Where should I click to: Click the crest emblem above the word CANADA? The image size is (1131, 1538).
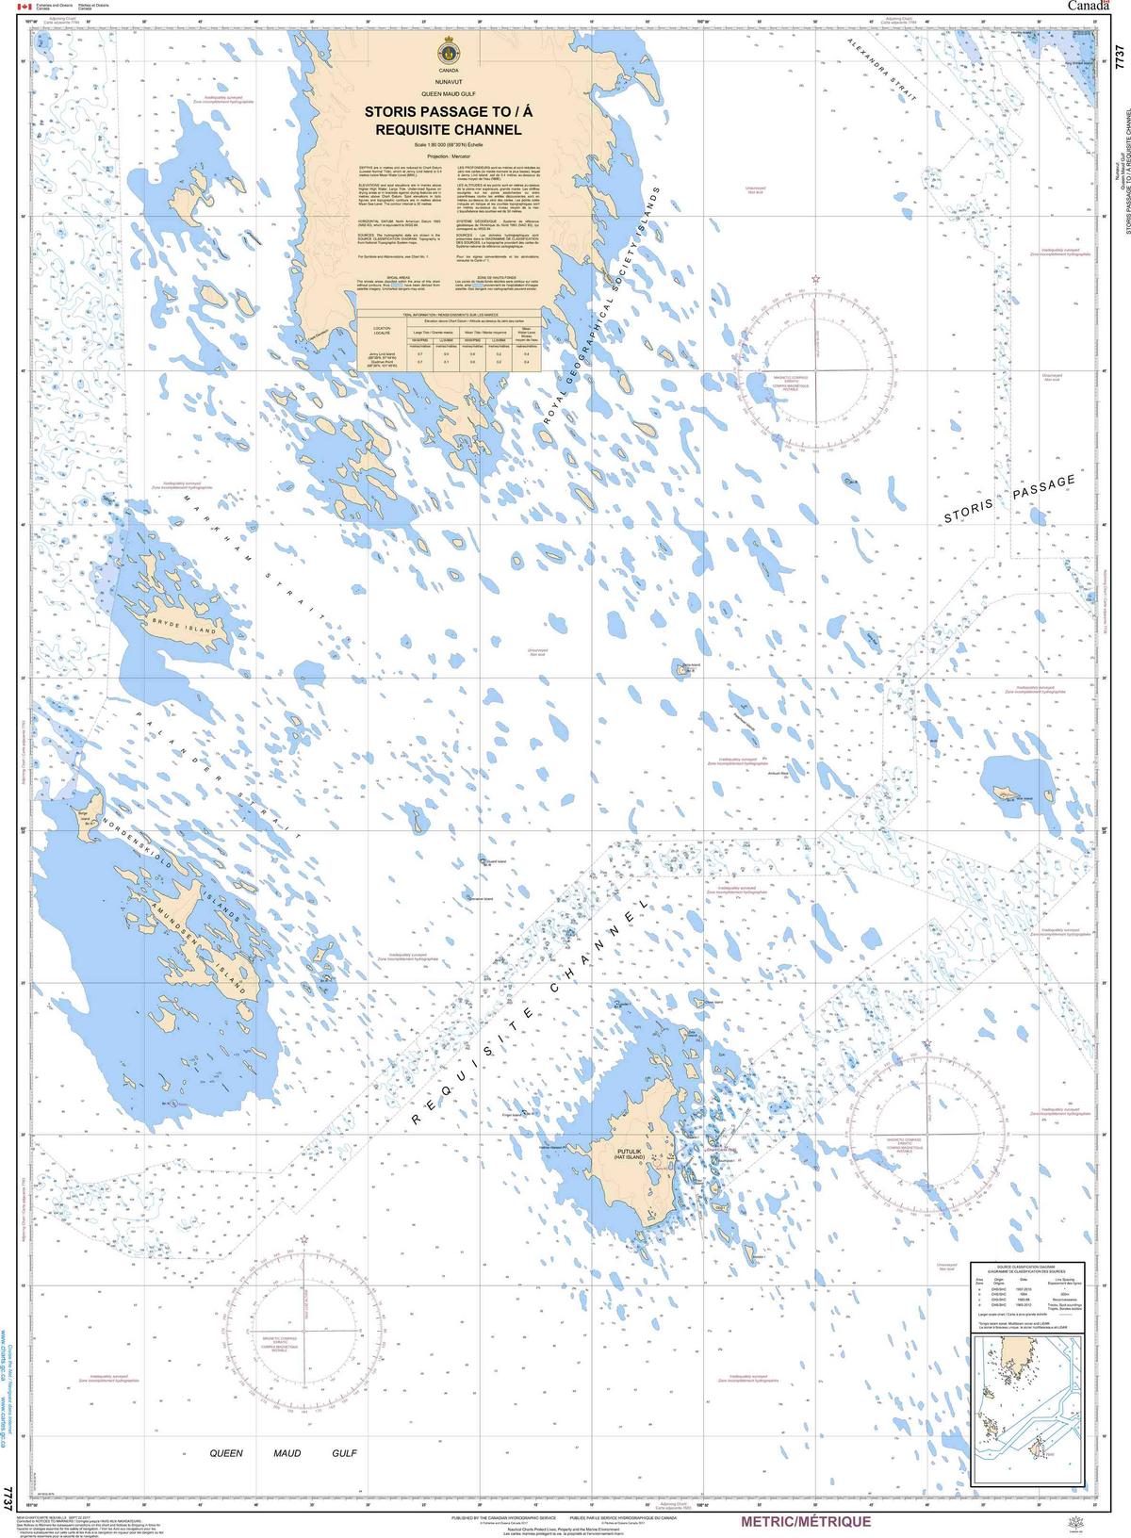click(x=448, y=52)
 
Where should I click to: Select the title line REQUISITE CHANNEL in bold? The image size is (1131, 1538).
click(x=448, y=129)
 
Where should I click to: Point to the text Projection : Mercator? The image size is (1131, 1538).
click(x=448, y=156)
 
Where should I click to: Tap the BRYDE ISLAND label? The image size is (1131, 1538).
click(x=186, y=628)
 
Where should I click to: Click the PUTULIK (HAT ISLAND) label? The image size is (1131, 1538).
click(x=629, y=1154)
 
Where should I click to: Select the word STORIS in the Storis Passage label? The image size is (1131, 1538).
click(x=969, y=511)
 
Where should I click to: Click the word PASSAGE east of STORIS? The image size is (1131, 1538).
click(x=1044, y=487)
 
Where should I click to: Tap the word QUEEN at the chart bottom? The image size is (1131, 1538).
click(x=226, y=1453)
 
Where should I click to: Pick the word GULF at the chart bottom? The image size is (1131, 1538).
click(x=344, y=1453)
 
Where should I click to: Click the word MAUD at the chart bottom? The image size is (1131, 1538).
click(x=287, y=1453)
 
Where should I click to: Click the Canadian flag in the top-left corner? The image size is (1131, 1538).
click(x=25, y=7)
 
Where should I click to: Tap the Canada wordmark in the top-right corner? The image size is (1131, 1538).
click(x=1088, y=7)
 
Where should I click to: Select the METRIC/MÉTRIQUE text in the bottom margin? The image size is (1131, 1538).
click(x=806, y=1521)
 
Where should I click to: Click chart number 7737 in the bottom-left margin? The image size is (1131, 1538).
click(x=8, y=1497)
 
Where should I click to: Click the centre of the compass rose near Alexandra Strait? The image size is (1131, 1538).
click(x=815, y=370)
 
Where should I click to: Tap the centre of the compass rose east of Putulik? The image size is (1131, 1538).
click(x=927, y=1133)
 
